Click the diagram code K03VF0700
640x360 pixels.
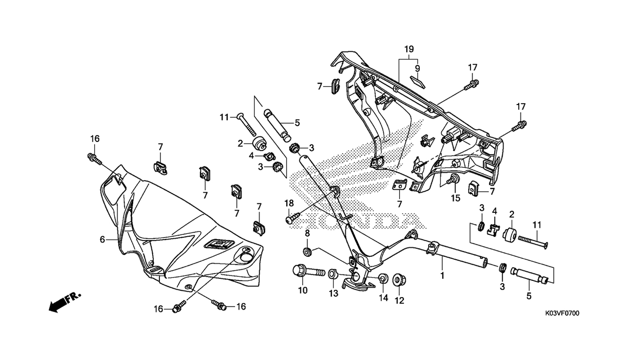pyautogui.click(x=561, y=314)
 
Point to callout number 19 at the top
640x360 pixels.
pyautogui.click(x=409, y=49)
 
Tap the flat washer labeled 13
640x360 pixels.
pyautogui.click(x=332, y=273)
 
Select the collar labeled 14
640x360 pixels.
pyautogui.click(x=382, y=279)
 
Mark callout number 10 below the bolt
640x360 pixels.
pyautogui.click(x=303, y=291)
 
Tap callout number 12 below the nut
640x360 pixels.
pyautogui.click(x=399, y=300)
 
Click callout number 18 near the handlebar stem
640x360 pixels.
pyautogui.click(x=289, y=203)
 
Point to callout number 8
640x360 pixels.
pyautogui.click(x=307, y=233)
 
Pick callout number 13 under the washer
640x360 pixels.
pyautogui.click(x=333, y=294)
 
